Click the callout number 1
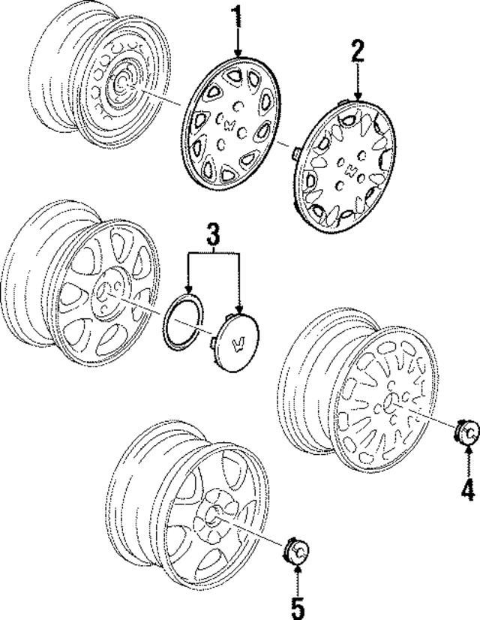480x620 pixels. point(238,16)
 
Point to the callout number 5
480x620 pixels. point(298,606)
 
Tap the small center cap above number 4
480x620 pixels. point(466,433)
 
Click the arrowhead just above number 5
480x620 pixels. point(298,570)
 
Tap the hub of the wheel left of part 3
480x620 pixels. point(110,291)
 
